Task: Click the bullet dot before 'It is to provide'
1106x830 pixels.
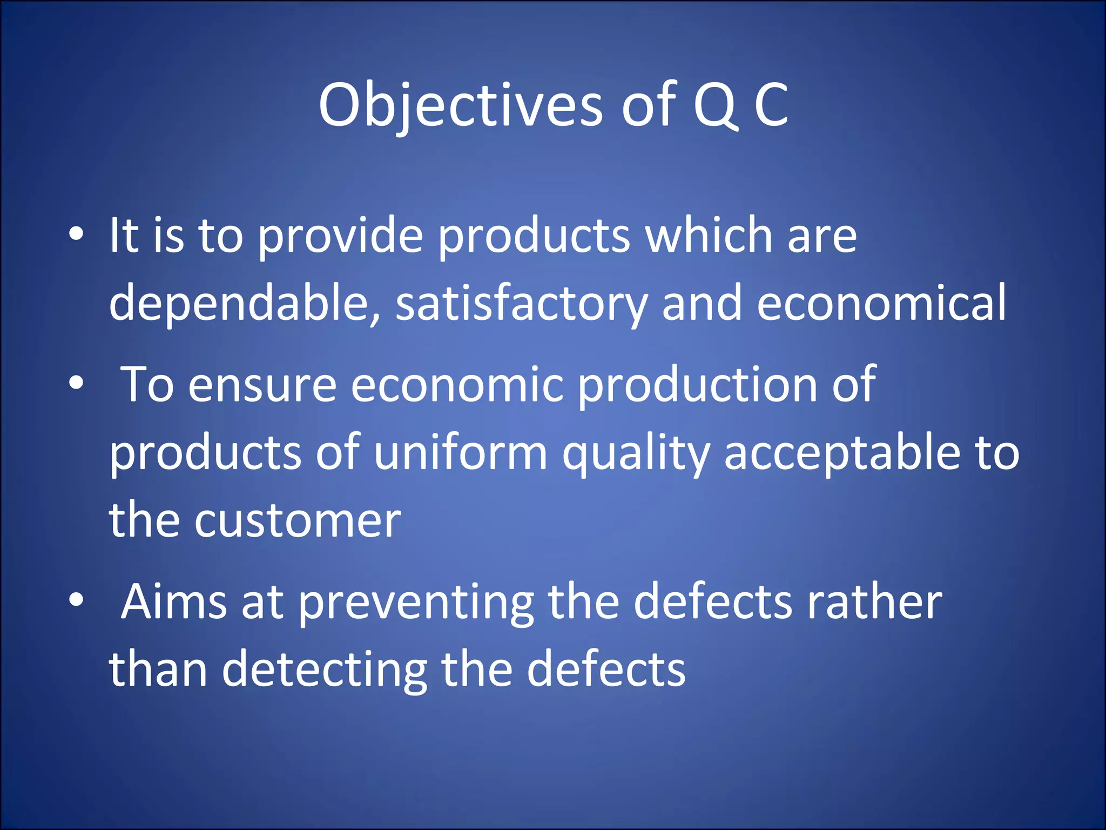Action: click(x=77, y=234)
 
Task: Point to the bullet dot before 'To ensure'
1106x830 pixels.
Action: click(x=77, y=383)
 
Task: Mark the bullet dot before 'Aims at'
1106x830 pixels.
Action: click(x=77, y=600)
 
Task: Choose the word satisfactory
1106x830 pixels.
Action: click(x=521, y=304)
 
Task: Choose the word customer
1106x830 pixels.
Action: click(x=298, y=521)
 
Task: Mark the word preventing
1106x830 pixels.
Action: click(x=416, y=603)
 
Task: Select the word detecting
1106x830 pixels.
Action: click(x=325, y=670)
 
